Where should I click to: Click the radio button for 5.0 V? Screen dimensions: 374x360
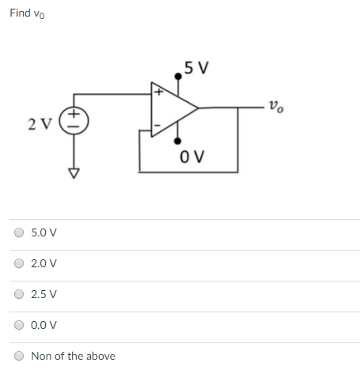18,233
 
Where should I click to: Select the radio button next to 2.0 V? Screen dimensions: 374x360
18,264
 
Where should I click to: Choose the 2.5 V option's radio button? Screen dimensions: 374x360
18,295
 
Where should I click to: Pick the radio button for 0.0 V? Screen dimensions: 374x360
18,325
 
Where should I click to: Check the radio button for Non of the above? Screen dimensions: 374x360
18,356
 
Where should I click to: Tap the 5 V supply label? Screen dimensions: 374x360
195,67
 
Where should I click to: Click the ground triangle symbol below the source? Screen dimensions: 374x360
74,172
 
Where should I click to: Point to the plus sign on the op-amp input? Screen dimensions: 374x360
158,93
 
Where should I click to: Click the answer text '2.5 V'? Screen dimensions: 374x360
44,295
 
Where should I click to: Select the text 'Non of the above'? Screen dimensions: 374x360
73,356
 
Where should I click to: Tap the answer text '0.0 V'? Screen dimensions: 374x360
44,325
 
